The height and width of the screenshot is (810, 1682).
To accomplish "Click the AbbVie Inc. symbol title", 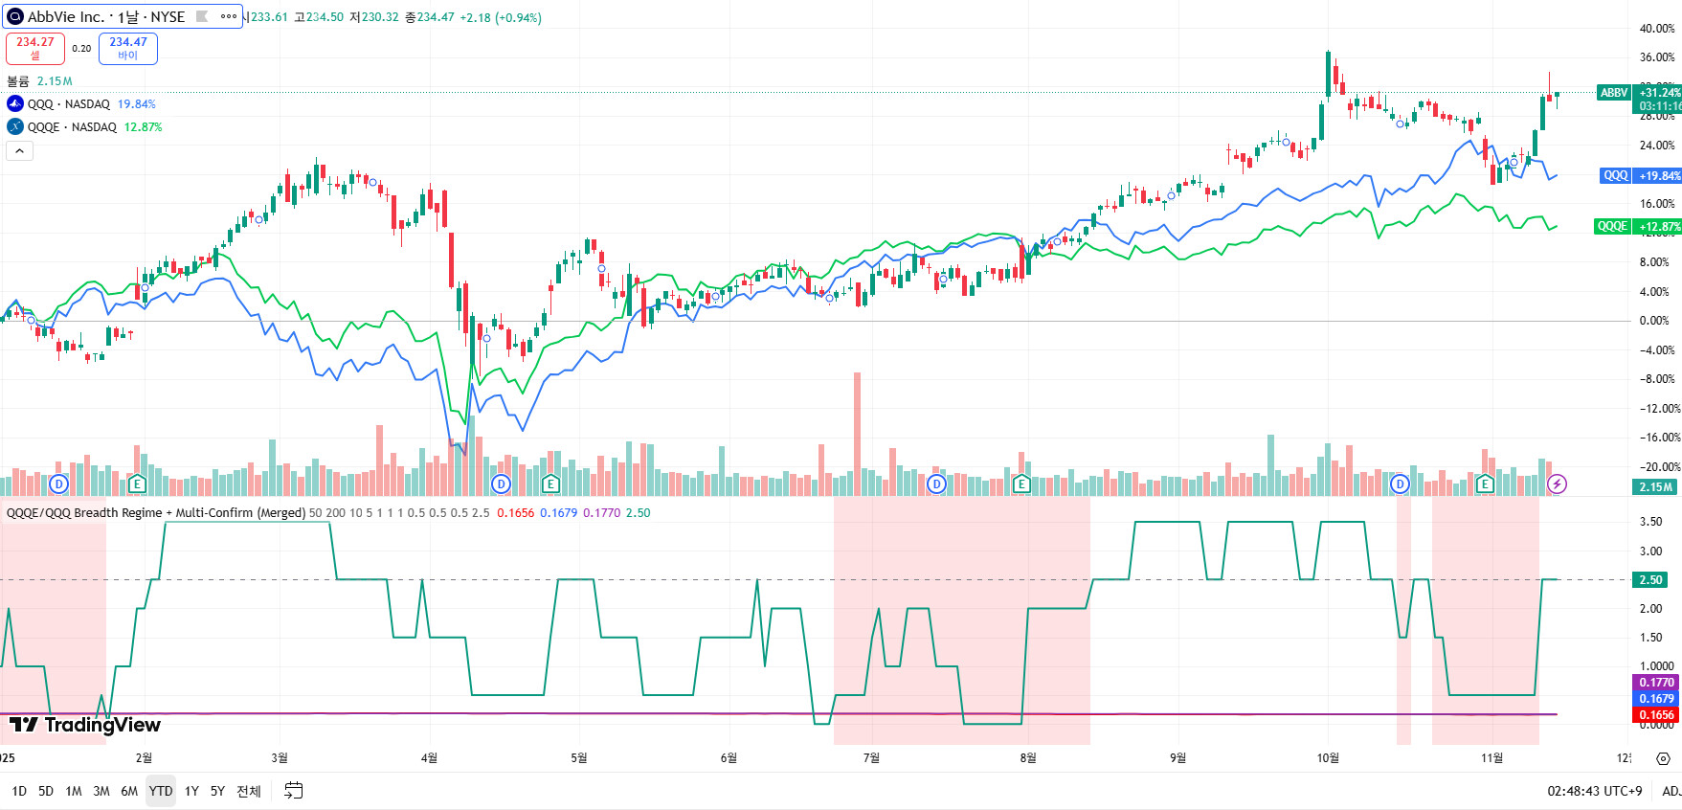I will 105,17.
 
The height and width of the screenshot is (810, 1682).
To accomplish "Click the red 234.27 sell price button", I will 35,48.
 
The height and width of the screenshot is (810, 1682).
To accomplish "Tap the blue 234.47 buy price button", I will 128,48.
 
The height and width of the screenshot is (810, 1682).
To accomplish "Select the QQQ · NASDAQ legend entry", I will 68,104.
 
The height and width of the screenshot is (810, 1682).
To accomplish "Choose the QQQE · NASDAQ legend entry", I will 72,127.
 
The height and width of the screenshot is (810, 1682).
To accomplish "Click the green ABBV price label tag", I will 1614,93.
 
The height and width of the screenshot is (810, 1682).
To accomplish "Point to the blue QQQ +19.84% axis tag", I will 1641,176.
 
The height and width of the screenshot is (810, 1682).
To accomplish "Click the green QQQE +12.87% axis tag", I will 1637,227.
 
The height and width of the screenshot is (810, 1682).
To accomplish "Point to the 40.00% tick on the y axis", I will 1656,29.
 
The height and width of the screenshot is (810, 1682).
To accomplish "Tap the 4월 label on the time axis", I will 429,758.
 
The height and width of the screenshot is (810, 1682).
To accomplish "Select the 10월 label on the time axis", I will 1328,758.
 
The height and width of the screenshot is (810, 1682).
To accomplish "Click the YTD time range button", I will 161,791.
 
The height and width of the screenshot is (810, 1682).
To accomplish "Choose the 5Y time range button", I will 217,791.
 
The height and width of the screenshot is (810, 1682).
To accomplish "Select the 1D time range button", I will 19,791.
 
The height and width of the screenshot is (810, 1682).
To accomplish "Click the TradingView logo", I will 85,725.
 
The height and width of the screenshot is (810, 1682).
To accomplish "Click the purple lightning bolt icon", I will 1558,484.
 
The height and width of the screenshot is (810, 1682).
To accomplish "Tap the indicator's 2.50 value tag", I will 1651,580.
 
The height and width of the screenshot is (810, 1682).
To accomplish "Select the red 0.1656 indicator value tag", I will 1655,715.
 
